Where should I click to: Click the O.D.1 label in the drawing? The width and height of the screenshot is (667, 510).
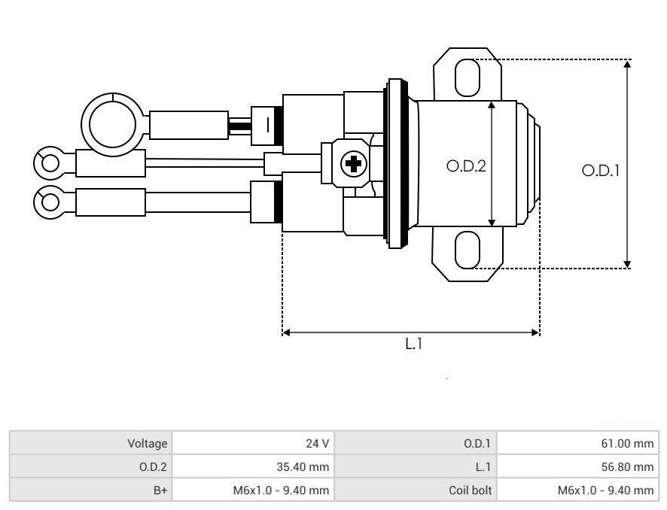coord(601,171)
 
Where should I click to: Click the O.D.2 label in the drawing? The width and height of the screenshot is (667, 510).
coord(466,165)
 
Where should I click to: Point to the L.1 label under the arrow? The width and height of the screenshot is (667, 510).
coord(413,344)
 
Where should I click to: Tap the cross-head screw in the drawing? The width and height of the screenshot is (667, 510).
coord(354,164)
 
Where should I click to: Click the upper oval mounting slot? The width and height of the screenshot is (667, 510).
coord(467,78)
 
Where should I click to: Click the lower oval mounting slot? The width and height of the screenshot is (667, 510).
coord(467,250)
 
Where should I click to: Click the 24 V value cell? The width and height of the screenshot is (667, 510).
coord(318,443)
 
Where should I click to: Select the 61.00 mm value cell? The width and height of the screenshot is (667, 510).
coord(627,443)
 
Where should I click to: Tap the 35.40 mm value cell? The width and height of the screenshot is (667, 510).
coord(303,466)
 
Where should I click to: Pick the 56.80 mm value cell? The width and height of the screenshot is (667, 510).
coord(627,466)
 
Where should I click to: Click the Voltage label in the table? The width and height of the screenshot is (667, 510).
coord(148,443)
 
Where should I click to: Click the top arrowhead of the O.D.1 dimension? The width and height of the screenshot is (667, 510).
coord(627,63)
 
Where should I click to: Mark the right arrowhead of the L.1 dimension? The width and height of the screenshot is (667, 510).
coord(536,332)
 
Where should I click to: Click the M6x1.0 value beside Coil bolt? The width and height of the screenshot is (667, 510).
coord(605,490)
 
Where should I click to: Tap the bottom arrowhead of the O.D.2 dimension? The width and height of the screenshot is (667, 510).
coord(492,222)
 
